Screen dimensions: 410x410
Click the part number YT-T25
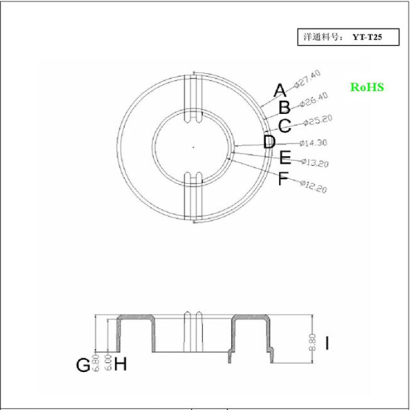click(x=367, y=38)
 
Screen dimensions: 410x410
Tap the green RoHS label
click(x=367, y=87)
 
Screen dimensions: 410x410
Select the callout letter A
click(x=279, y=90)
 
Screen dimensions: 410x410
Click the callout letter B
click(x=284, y=108)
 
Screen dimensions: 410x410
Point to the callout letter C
click(x=284, y=126)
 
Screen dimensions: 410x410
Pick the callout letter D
click(x=269, y=143)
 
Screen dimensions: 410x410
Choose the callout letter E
click(x=285, y=159)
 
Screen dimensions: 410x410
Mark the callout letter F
click(x=283, y=178)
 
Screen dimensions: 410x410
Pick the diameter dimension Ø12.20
click(x=313, y=186)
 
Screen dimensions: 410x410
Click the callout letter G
click(x=83, y=365)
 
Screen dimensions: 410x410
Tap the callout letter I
click(x=327, y=344)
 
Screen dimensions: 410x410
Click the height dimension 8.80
click(x=313, y=342)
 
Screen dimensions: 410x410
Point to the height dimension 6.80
click(x=97, y=363)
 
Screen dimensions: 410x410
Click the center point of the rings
click(x=194, y=147)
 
